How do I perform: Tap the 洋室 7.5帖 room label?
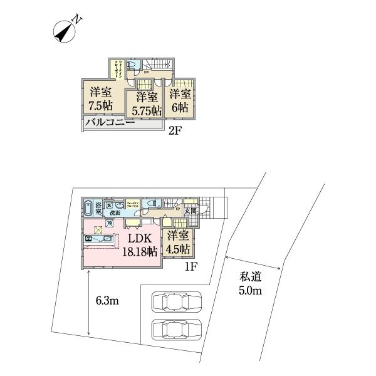(x=100, y=97)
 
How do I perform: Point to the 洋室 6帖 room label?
(x=180, y=100)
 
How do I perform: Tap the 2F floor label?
(x=176, y=131)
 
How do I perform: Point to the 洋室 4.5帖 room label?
(x=178, y=241)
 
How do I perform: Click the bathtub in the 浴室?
(x=88, y=207)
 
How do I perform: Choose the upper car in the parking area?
(x=177, y=302)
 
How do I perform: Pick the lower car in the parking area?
(x=177, y=330)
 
